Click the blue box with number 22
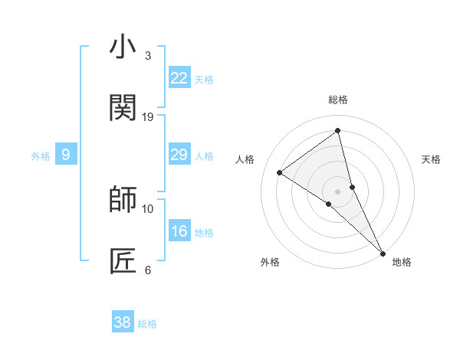tap(179, 77)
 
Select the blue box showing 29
tap(179, 155)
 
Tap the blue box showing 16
tap(179, 231)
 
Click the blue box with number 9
tap(66, 155)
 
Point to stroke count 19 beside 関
tap(148, 116)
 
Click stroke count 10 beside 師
tap(148, 208)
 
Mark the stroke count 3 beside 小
tap(148, 55)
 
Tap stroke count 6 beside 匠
tap(148, 270)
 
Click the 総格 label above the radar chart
tap(338, 100)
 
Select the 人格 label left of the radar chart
tap(245, 159)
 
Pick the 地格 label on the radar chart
tap(402, 262)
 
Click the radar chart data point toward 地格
tap(382, 251)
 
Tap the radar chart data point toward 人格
tap(280, 172)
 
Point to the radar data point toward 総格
tap(338, 131)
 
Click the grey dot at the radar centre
tap(338, 191)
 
